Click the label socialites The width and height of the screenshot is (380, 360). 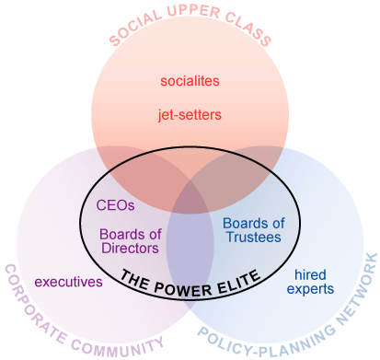click(x=190, y=82)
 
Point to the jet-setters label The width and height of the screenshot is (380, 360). click(x=190, y=115)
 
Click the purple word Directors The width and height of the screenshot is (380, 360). click(x=130, y=248)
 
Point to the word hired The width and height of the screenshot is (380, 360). click(x=310, y=273)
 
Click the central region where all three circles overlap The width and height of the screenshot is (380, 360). click(x=190, y=204)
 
